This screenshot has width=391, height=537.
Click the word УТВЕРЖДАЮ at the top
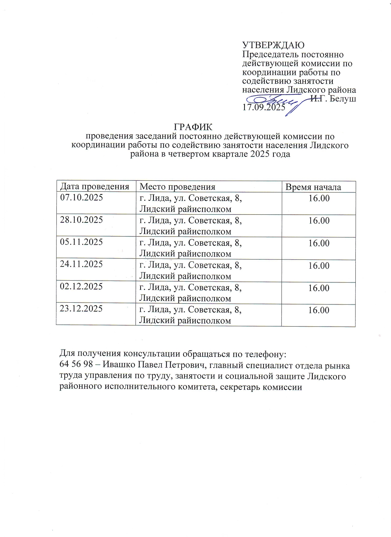[273, 45]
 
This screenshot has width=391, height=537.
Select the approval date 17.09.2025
[264, 108]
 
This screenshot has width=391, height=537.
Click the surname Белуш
[343, 99]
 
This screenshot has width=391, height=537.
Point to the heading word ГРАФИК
[193, 127]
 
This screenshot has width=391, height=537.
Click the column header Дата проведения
[94, 187]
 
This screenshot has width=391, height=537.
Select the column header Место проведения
[177, 187]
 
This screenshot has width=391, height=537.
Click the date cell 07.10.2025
[81, 197]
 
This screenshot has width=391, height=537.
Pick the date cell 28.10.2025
[81, 220]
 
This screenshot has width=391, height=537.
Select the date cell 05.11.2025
[81, 242]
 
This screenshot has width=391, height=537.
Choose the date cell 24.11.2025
[81, 264]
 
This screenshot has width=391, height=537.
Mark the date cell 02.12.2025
[81, 286]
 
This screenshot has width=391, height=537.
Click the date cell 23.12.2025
[81, 308]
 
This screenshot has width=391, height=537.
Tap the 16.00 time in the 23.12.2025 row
[319, 310]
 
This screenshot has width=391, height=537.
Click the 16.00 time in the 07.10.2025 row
[319, 198]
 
